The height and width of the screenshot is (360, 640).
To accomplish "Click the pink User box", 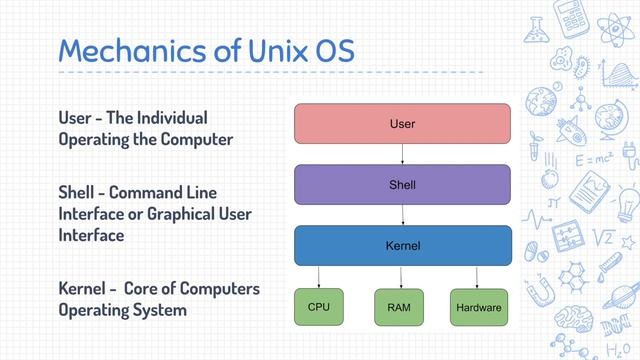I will [402, 124].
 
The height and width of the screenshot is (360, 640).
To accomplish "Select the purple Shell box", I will [402, 184].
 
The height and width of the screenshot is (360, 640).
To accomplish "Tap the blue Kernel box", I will [402, 245].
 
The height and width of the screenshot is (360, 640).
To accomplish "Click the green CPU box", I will [319, 306].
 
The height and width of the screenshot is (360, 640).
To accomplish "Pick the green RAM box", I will [399, 307].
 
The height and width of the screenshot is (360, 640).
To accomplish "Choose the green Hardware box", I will [477, 307].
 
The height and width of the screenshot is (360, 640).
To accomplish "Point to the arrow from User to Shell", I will [402, 154].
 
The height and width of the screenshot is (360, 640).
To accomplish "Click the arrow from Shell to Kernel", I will [402, 215].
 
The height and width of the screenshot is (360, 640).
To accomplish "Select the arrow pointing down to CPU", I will [319, 276].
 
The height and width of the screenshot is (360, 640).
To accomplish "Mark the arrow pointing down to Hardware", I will [477, 276].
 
